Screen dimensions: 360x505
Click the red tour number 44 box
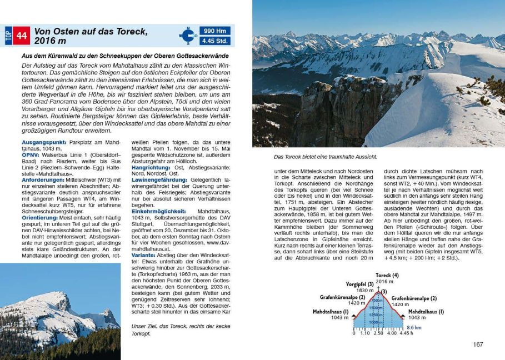pyautogui.click(x=21, y=36)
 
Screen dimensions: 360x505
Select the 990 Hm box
pyautogui.click(x=216, y=31)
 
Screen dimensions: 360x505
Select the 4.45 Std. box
pyautogui.click(x=216, y=41)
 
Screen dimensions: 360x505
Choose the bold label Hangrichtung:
pyautogui.click(x=153, y=168)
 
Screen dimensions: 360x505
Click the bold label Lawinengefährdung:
pyautogui.click(x=160, y=180)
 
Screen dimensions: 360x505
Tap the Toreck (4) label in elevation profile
pyautogui.click(x=387, y=275)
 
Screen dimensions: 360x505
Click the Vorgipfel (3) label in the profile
pyautogui.click(x=359, y=284)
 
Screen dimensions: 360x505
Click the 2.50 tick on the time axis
pyautogui.click(x=378, y=334)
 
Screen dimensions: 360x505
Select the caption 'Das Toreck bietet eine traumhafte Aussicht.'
pyautogui.click(x=314, y=157)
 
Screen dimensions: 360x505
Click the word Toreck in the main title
pyautogui.click(x=130, y=31)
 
